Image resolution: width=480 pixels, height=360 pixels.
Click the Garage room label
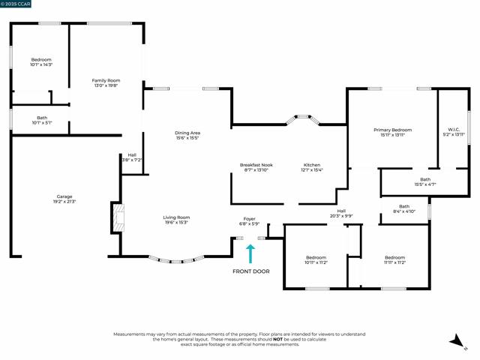63,196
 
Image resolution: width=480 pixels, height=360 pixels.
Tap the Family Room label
106,80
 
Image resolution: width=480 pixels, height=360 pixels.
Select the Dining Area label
187,133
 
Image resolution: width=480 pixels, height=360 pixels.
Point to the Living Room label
176,217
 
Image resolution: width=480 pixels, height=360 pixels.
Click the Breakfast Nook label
256,164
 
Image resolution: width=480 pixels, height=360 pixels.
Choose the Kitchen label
312,164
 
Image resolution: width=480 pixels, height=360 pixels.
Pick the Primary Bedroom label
392,130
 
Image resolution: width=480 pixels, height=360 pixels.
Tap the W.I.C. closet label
454,130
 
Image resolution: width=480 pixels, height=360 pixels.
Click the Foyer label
249,218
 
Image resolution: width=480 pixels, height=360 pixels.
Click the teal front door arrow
251,253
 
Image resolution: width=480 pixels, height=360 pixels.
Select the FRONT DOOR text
251,271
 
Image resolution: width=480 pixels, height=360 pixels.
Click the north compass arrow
457,342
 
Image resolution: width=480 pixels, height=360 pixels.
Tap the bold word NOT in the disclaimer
277,338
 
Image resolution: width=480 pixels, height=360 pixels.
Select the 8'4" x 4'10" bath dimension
404,211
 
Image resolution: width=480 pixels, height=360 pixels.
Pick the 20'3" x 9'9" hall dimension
341,216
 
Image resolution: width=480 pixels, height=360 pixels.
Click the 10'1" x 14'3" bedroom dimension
41,65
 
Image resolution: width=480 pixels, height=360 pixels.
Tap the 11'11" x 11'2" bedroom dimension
394,262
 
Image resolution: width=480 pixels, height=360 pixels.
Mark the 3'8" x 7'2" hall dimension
132,160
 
